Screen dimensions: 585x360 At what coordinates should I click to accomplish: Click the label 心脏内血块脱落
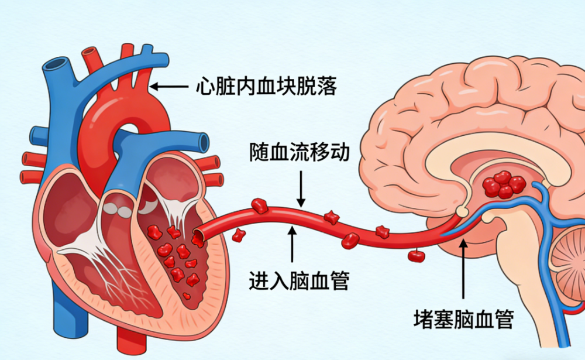266,86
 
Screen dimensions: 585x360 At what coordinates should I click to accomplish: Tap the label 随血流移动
300,152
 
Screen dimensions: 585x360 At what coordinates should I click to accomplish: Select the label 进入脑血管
299,280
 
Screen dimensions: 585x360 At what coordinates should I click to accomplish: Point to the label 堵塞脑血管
463,319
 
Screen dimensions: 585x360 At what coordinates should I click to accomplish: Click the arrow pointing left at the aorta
168,87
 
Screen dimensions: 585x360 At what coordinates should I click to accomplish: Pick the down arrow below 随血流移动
301,189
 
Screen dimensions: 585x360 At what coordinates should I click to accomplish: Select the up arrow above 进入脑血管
292,244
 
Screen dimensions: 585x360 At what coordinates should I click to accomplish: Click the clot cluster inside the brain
504,184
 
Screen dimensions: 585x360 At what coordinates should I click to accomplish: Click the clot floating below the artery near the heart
239,236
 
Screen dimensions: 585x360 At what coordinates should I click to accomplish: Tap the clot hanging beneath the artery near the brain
417,256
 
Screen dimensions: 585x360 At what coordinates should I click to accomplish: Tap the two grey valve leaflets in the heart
118,210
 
